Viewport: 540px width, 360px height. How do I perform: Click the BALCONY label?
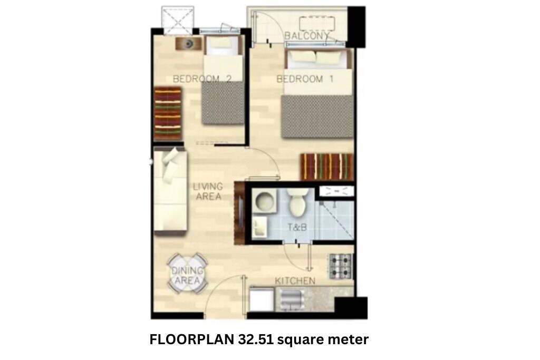[x=306, y=36]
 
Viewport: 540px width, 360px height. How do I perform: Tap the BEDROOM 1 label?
[x=305, y=79]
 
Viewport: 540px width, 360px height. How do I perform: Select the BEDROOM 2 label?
[x=202, y=79]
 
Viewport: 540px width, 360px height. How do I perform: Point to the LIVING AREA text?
[x=208, y=191]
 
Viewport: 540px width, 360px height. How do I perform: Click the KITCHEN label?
[x=295, y=281]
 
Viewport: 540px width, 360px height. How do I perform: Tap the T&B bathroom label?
[x=297, y=227]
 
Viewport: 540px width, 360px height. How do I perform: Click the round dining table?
[x=187, y=274]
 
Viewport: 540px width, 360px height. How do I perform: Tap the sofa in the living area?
[x=170, y=190]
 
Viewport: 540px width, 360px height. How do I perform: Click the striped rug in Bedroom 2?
[x=168, y=113]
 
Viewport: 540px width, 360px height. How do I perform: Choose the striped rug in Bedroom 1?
[x=327, y=167]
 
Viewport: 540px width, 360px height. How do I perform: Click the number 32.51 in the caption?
[x=256, y=339]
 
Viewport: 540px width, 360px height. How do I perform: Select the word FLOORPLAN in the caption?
[x=192, y=339]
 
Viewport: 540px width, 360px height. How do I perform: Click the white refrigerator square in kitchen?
[x=262, y=300]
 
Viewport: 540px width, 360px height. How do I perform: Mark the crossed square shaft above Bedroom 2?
[x=178, y=20]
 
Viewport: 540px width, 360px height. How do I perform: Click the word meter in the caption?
[x=348, y=339]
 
